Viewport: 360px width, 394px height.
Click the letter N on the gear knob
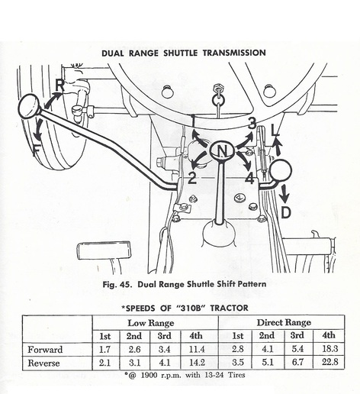click(223, 151)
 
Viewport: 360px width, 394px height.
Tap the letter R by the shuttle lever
click(59, 86)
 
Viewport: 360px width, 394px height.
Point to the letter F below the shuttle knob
click(37, 150)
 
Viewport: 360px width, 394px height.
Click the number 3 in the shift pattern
click(252, 124)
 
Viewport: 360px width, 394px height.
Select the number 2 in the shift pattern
click(192, 178)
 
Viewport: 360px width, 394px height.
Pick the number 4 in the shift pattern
click(249, 178)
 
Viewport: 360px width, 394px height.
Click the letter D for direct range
click(286, 213)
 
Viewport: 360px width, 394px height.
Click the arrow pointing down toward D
click(284, 193)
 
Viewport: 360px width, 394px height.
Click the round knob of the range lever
click(281, 170)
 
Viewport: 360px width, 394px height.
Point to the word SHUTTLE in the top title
click(180, 53)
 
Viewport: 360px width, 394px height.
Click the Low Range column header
click(151, 323)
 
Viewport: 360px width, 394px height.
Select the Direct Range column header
click(284, 322)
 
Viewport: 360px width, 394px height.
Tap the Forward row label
click(45, 350)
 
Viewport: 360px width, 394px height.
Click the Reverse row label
click(43, 363)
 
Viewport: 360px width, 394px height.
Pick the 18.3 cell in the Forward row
click(329, 348)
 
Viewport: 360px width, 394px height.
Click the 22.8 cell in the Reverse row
click(329, 362)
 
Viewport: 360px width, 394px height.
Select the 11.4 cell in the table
click(197, 349)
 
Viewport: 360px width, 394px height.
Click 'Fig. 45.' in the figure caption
click(117, 284)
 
